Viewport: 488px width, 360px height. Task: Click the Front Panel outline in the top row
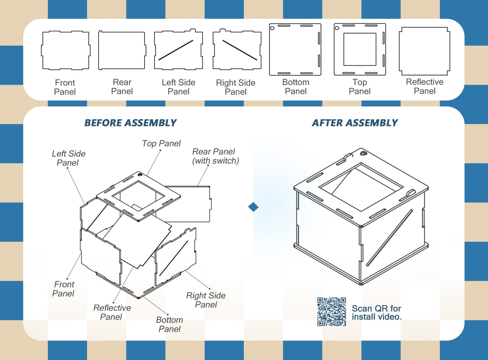click(66, 51)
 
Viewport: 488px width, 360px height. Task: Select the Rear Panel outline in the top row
click(122, 51)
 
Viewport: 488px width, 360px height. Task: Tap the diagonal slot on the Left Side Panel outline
click(176, 50)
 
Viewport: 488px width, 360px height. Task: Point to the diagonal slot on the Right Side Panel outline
click(239, 50)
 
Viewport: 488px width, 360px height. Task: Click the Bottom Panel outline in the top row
click(295, 49)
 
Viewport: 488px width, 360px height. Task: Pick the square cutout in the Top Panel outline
click(360, 49)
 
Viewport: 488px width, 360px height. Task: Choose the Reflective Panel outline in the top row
click(425, 51)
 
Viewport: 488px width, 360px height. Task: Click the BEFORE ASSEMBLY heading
click(130, 123)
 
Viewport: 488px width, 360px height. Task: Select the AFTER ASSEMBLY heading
click(355, 123)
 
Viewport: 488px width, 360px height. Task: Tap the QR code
click(332, 312)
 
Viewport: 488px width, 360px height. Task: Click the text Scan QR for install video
click(376, 313)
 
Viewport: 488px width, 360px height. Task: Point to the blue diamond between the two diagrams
click(253, 207)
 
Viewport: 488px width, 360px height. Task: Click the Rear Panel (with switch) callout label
click(215, 156)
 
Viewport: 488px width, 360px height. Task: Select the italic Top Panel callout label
click(161, 144)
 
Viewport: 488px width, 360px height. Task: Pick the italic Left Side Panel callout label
click(68, 158)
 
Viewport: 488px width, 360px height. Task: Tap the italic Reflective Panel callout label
click(112, 312)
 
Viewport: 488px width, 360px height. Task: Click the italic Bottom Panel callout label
click(170, 325)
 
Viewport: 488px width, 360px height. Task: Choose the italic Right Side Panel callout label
click(206, 300)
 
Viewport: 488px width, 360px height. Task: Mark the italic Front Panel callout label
click(63, 289)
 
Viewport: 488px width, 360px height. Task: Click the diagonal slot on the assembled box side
click(389, 237)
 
